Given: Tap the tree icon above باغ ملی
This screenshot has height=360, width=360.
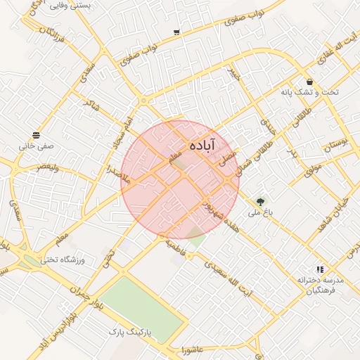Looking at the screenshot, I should coord(262,200).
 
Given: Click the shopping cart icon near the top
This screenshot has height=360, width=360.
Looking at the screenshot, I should coord(176,32).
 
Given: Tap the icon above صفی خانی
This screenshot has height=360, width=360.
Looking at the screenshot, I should coord(36,135).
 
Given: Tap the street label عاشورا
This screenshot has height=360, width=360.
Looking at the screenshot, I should coord(191,349).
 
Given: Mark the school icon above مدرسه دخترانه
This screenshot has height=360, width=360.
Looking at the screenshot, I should coord(320,269).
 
